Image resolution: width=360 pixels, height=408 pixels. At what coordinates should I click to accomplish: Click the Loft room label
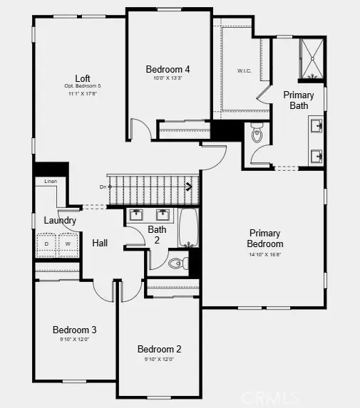point(83,78)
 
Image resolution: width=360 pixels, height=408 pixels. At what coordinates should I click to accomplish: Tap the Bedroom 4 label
point(168,69)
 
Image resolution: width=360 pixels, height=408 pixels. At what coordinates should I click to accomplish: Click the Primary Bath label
point(298,100)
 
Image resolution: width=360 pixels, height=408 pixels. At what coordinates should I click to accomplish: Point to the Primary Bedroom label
point(264,239)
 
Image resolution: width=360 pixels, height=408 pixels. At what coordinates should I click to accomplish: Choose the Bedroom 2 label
point(160,349)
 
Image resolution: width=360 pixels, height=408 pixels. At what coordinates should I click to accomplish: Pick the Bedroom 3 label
point(74,330)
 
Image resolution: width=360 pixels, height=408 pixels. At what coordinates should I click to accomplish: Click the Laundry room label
point(60,221)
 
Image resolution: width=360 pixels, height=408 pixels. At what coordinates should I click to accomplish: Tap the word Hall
point(100,243)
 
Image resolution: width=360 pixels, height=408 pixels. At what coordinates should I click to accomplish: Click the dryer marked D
point(47,244)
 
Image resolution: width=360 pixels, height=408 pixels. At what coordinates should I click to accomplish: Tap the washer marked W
point(68,244)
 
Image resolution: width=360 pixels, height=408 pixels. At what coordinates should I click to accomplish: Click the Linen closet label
point(50,182)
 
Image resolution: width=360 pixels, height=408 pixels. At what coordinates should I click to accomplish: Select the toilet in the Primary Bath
point(257,133)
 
